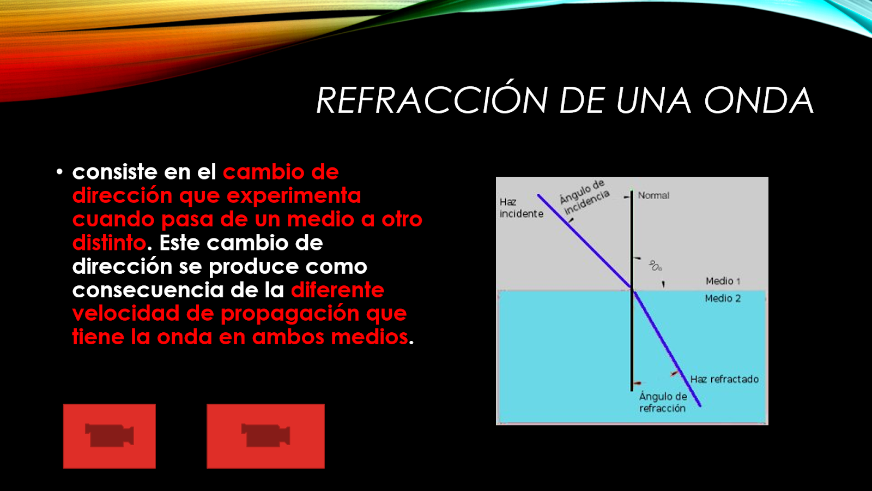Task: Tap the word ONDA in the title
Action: (x=759, y=100)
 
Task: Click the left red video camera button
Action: (x=110, y=436)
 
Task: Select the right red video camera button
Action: (x=265, y=436)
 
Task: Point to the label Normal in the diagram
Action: (x=653, y=195)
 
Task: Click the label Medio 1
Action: (x=723, y=281)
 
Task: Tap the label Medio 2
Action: (x=723, y=298)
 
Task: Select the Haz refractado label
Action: (x=724, y=379)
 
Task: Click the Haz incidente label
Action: (x=521, y=208)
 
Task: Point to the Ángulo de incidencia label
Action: (x=584, y=197)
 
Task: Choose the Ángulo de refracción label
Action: (x=663, y=402)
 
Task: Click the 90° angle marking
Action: (x=655, y=266)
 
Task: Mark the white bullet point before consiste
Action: (x=59, y=172)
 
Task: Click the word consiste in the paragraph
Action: (x=115, y=172)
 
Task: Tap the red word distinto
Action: (x=109, y=243)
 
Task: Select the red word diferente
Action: (x=337, y=290)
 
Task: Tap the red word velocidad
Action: (x=126, y=314)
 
